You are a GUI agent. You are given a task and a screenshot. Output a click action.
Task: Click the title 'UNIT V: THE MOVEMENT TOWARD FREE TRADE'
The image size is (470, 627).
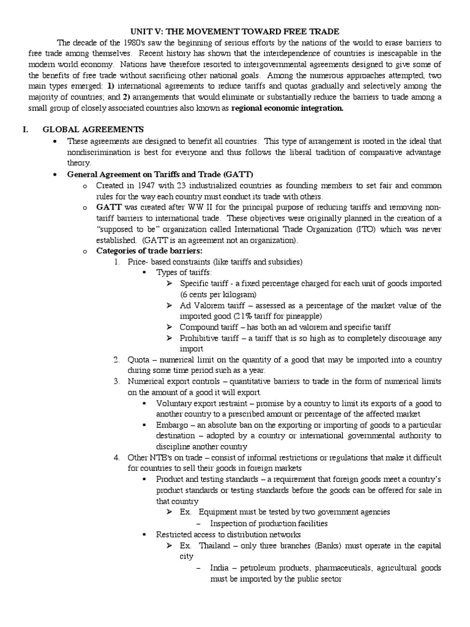point(235,31)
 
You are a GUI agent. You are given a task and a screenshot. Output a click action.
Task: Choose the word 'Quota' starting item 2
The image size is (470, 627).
point(140,359)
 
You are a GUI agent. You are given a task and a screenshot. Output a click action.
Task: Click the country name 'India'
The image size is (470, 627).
point(221,568)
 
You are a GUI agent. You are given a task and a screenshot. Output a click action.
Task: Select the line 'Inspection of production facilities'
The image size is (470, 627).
point(269,524)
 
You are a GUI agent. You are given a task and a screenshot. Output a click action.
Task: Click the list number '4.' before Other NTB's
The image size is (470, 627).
point(117,458)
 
